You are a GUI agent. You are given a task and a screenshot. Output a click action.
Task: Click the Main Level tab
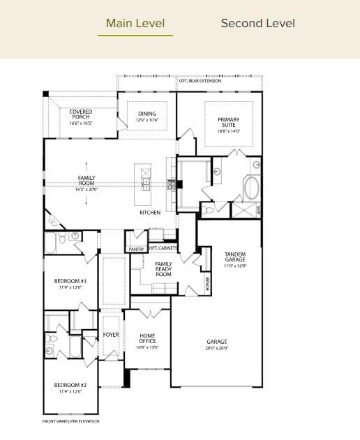[135, 23]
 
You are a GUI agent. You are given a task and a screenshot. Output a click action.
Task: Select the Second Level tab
[257, 23]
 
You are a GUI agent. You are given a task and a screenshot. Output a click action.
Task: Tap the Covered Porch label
[81, 114]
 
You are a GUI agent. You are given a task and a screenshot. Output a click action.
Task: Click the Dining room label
[147, 114]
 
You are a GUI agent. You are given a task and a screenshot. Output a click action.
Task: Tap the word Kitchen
[150, 212]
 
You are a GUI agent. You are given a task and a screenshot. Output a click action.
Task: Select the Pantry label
[137, 249]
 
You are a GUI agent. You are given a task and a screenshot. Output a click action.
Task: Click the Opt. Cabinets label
[163, 248]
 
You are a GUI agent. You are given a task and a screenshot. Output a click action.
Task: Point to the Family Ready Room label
[163, 269]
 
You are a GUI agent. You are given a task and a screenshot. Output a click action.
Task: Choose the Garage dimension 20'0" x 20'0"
[216, 347]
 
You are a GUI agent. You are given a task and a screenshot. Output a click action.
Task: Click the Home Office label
[147, 337]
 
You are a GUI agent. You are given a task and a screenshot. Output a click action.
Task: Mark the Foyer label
[111, 335]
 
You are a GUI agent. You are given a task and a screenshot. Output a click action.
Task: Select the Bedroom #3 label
[70, 281]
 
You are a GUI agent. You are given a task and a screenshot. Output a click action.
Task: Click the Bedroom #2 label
[70, 385]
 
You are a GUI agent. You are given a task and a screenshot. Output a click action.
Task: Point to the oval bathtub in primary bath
[251, 188]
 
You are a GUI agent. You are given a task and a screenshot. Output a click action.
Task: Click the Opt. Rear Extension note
[200, 81]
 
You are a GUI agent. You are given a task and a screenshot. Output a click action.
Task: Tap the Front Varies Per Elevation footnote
[71, 421]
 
